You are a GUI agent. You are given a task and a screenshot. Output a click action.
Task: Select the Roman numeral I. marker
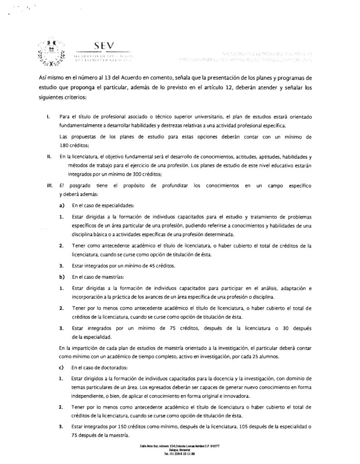pos(48,117)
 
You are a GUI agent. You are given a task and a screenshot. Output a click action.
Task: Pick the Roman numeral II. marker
pos(48,156)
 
